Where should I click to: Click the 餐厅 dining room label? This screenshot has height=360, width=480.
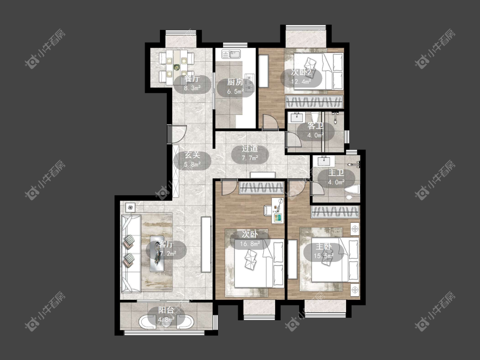click(x=192, y=79)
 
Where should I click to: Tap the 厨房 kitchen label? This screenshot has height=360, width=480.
click(x=235, y=82)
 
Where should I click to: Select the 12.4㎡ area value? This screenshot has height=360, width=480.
click(x=301, y=82)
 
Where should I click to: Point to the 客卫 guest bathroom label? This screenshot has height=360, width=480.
click(x=315, y=126)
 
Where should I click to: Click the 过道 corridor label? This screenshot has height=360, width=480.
click(x=250, y=149)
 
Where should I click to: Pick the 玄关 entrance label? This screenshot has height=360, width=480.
click(x=192, y=155)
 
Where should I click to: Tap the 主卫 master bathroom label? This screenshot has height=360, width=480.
click(x=336, y=173)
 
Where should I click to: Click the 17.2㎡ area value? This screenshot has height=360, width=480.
click(x=166, y=254)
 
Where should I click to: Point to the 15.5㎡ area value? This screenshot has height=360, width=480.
click(x=323, y=256)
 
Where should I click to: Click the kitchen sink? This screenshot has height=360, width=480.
click(x=231, y=55)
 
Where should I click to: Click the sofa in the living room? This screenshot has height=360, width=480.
click(x=131, y=254)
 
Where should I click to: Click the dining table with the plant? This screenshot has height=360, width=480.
click(x=176, y=67)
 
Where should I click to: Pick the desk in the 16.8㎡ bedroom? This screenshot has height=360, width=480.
click(x=278, y=211)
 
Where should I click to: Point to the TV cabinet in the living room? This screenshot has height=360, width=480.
click(x=206, y=244)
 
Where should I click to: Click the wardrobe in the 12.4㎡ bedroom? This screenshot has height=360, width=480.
click(x=314, y=102)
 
